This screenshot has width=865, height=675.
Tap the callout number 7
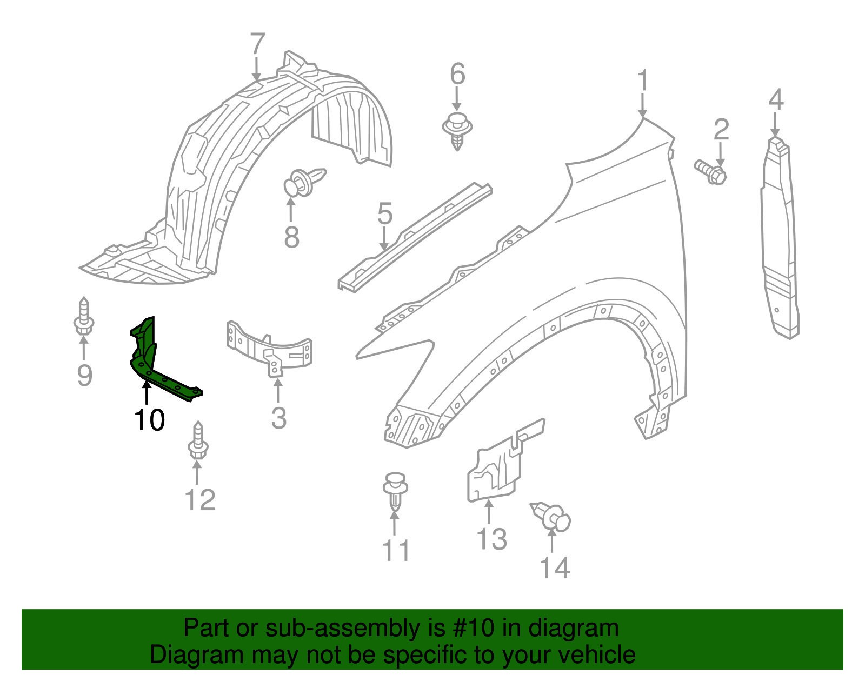(257, 44)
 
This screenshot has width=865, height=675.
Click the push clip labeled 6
(457, 130)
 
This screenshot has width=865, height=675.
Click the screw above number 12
(198, 442)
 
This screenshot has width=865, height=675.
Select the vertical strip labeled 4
(780, 238)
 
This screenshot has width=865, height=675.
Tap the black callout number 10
(149, 420)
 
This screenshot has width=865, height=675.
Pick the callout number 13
(491, 539)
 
